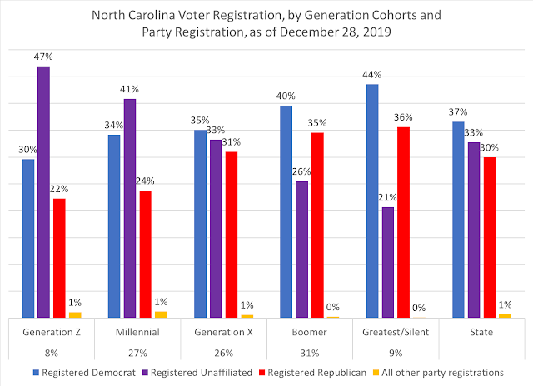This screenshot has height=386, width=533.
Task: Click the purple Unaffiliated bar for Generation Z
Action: tap(43, 192)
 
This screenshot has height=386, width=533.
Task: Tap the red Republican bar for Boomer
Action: tap(316, 225)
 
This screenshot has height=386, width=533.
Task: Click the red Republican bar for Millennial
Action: tap(145, 254)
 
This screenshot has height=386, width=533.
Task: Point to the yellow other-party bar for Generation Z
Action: tap(74, 315)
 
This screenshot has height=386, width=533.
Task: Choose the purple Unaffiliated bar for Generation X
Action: tap(215, 229)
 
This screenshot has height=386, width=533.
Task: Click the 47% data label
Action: tap(43, 57)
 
